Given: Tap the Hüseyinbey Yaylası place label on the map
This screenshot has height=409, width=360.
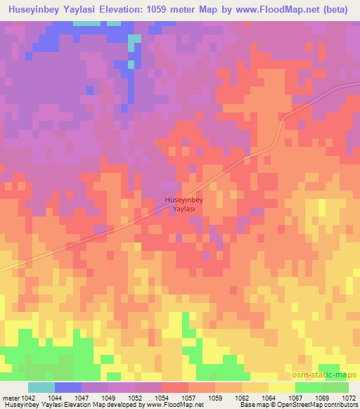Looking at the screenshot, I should pyautogui.click(x=184, y=204).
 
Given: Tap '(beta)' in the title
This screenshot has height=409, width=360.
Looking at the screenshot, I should pyautogui.click(x=334, y=10).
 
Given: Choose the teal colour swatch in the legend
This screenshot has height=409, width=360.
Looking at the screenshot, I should pyautogui.click(x=41, y=387).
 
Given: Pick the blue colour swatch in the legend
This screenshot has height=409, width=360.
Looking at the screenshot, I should pyautogui.click(x=68, y=387).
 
